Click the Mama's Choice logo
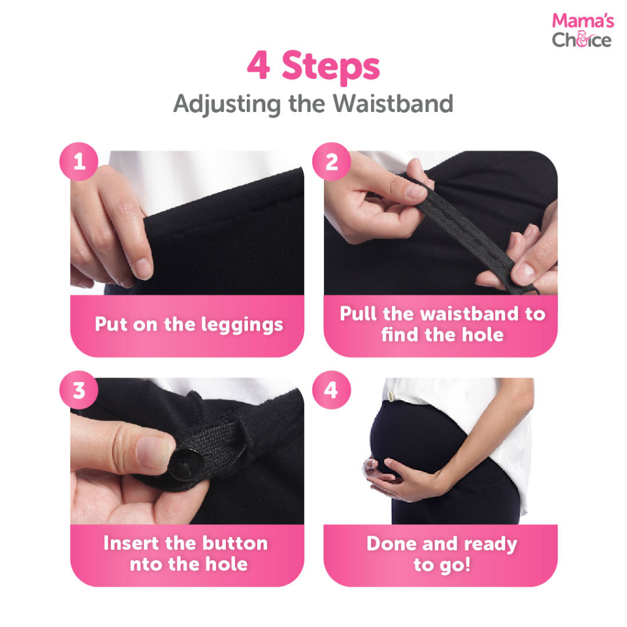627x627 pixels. [x=583, y=31]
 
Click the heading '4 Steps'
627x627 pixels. [x=313, y=66]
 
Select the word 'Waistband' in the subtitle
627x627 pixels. [x=393, y=103]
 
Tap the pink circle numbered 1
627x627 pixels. [x=79, y=162]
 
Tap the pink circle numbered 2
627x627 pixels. [x=331, y=162]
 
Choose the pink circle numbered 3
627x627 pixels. [x=79, y=390]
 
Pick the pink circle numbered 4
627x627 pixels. [x=331, y=390]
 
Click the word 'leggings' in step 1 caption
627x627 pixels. [x=242, y=325]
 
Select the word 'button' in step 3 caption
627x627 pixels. [x=235, y=543]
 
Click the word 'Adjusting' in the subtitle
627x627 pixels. [x=227, y=105]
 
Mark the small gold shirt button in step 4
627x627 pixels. [x=391, y=396]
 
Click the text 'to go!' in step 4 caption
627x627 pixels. [x=442, y=565]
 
